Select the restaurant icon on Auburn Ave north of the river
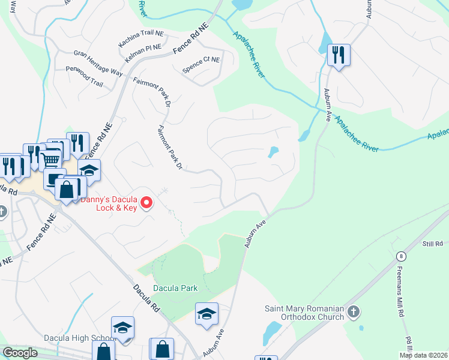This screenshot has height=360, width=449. [x=339, y=56]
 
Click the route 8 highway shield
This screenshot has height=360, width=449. [x=401, y=256]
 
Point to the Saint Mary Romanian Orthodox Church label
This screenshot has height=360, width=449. [x=305, y=313]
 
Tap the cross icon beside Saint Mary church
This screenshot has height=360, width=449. [x=354, y=311]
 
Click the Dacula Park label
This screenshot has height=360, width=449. [x=175, y=288]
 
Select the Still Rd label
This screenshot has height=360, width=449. [x=432, y=244]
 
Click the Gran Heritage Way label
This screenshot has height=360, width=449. [x=98, y=62]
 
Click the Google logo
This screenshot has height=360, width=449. [x=20, y=353]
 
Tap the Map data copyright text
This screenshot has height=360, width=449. [x=423, y=355]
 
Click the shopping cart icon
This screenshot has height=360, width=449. [x=50, y=160]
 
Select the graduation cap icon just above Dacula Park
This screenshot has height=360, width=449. [x=206, y=314]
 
